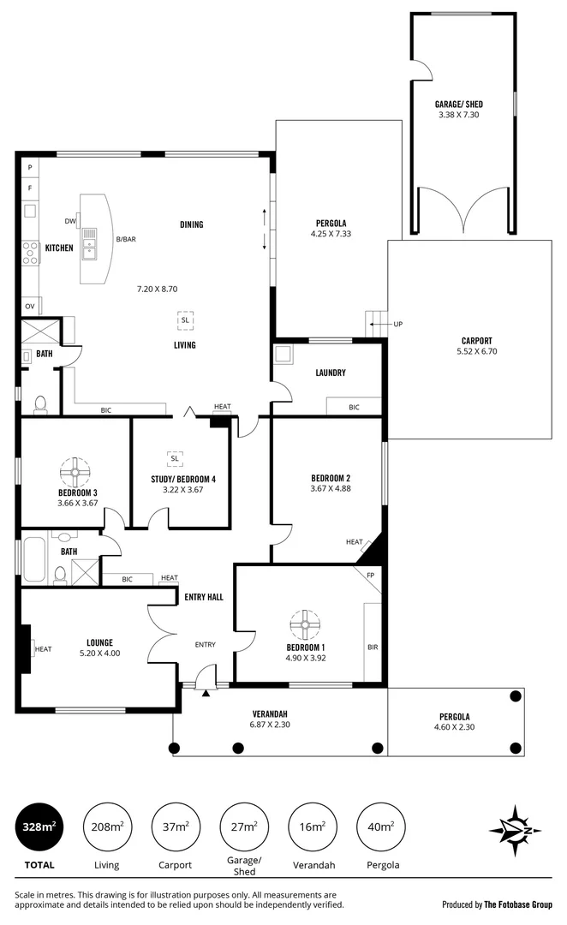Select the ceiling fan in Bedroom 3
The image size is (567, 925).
[76, 470]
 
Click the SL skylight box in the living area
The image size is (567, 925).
[185, 319]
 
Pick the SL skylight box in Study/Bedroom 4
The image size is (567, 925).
[175, 457]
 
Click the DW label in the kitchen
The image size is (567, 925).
[69, 220]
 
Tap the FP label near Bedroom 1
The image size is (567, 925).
[371, 575]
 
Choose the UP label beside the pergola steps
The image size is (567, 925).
[397, 324]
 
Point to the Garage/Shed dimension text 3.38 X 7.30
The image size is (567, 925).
[463, 114]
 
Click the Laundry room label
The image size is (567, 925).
[330, 373]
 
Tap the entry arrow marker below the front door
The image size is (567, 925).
[206, 693]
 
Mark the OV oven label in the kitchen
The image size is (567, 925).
[29, 306]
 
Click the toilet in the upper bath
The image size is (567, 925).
[39, 403]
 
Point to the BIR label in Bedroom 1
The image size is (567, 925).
[372, 647]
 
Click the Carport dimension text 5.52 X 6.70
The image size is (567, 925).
[477, 350]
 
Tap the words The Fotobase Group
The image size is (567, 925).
[520, 904]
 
